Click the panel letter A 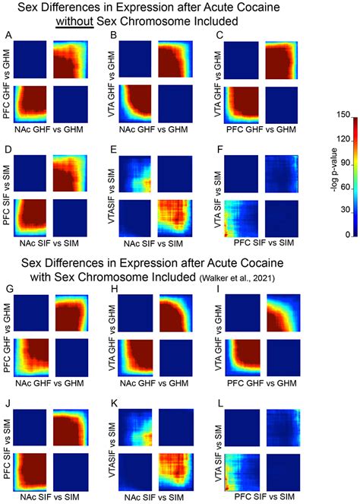coord(7,36)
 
